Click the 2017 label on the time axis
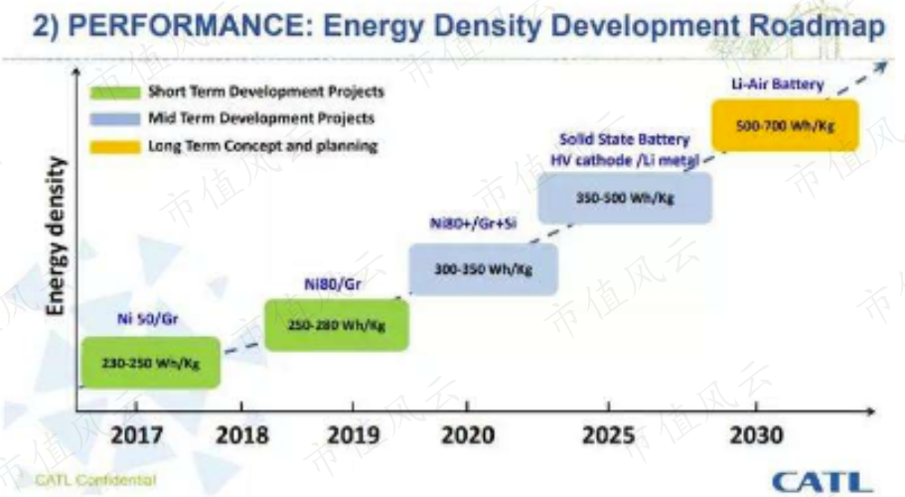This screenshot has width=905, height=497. pos(137,435)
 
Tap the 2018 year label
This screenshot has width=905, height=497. pos(241,435)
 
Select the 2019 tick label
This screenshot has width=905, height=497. pos(354,435)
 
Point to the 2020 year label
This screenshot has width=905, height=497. pos(468,435)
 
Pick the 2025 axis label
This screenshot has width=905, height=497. pos(608,435)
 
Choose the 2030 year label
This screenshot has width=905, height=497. pos(756,435)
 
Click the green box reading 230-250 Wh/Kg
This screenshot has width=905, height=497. pos(151,363)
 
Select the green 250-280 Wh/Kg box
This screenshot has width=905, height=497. pos(337,325)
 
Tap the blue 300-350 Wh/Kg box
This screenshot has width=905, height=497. pos(484,269)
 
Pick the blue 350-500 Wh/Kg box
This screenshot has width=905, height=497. pos(625,198)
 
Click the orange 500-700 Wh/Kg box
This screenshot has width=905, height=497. pos(785,125)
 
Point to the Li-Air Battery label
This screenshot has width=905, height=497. pos(778,84)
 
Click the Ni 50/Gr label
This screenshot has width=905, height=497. pos(148,319)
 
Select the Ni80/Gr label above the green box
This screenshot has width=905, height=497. pos(333,284)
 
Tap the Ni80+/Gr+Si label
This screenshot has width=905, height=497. pos(473,224)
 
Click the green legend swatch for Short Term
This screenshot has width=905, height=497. pos(115,91)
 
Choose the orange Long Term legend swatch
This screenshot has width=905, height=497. pos(115,147)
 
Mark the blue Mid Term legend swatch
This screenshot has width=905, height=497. pos(115,119)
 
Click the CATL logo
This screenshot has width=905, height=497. pos(823,482)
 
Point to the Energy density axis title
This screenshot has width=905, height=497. pos(56,237)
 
